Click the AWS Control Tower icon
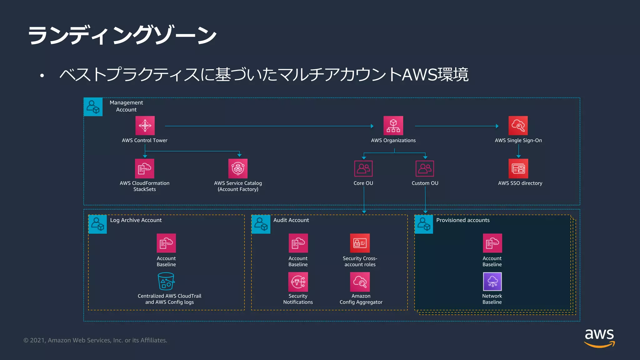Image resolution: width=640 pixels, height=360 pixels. (145, 126)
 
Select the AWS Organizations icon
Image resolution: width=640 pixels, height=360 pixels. (393, 126)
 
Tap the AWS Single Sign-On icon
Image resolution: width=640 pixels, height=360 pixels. (518, 126)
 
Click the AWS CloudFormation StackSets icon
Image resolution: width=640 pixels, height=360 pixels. (144, 168)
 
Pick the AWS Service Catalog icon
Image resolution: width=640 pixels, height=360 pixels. (238, 168)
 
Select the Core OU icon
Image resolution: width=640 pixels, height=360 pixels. (363, 168)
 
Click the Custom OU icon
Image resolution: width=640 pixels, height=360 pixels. (425, 168)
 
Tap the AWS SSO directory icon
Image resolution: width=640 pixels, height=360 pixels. (518, 168)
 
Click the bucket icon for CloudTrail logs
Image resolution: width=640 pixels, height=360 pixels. (166, 281)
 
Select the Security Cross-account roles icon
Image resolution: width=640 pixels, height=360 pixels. (360, 243)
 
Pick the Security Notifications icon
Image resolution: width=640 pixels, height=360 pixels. (298, 282)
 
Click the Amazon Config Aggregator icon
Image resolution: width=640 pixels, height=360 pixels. (360, 282)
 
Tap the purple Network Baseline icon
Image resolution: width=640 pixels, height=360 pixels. (492, 282)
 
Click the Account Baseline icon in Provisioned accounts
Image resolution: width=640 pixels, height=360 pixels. (492, 243)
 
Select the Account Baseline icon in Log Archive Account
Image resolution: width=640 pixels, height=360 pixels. (166, 243)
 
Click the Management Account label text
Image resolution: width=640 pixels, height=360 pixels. (126, 106)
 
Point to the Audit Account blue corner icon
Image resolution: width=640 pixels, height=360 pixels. (261, 224)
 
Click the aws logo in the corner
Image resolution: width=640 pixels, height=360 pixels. (599, 337)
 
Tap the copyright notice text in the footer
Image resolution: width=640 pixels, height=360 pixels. (95, 340)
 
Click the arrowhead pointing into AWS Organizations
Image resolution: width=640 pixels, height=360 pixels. (372, 126)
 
